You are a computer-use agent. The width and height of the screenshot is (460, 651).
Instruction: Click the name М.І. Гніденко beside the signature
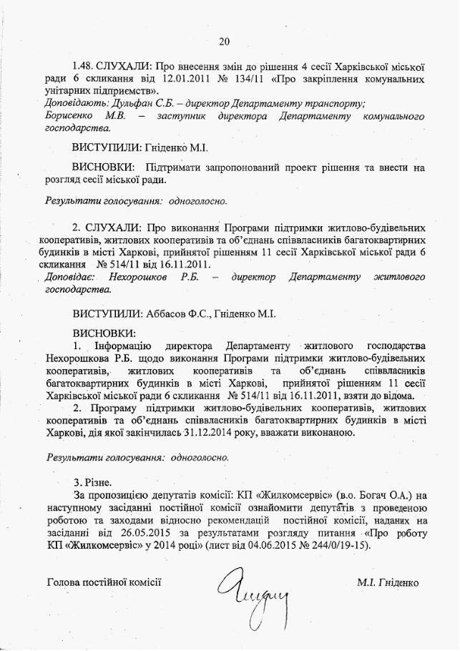(388, 582)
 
